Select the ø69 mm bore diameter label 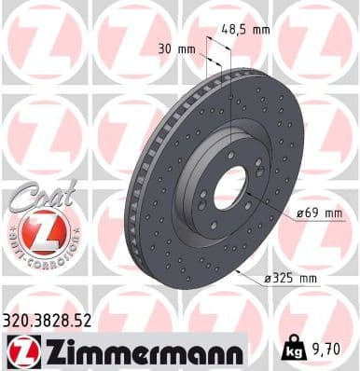click(319, 213)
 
